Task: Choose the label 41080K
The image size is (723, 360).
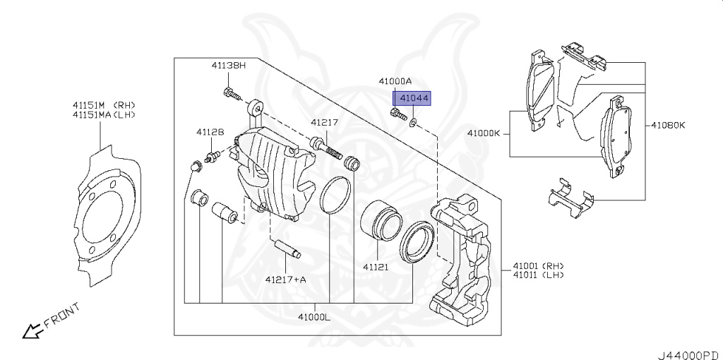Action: click(x=668, y=126)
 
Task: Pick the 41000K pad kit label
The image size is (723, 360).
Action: click(x=484, y=133)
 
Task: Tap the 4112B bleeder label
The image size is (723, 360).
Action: click(x=210, y=132)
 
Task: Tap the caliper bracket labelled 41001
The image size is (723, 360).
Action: click(x=462, y=261)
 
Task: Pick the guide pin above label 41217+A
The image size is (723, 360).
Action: click(x=287, y=249)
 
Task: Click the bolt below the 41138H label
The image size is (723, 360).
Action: click(x=231, y=92)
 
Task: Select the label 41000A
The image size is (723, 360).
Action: click(x=395, y=81)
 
